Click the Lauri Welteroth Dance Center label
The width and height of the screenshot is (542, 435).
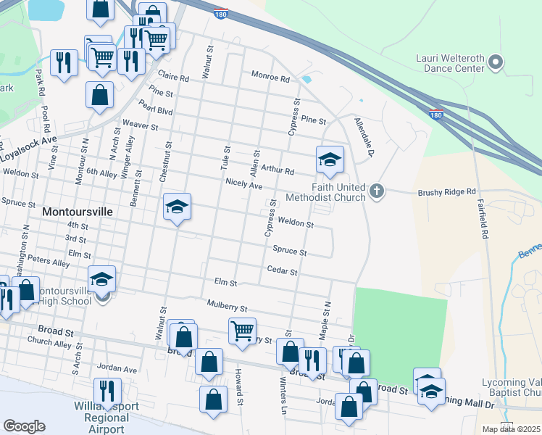(x=449, y=63)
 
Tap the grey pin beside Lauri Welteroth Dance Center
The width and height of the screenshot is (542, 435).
(x=496, y=63)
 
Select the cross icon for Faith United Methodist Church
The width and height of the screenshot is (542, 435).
(x=375, y=191)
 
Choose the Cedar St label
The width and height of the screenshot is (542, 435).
(x=283, y=271)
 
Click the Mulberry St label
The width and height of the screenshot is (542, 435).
(x=227, y=307)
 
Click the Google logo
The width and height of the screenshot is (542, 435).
(x=25, y=426)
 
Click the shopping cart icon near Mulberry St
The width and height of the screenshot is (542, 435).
(x=242, y=331)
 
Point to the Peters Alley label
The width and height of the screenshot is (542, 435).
(x=51, y=263)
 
